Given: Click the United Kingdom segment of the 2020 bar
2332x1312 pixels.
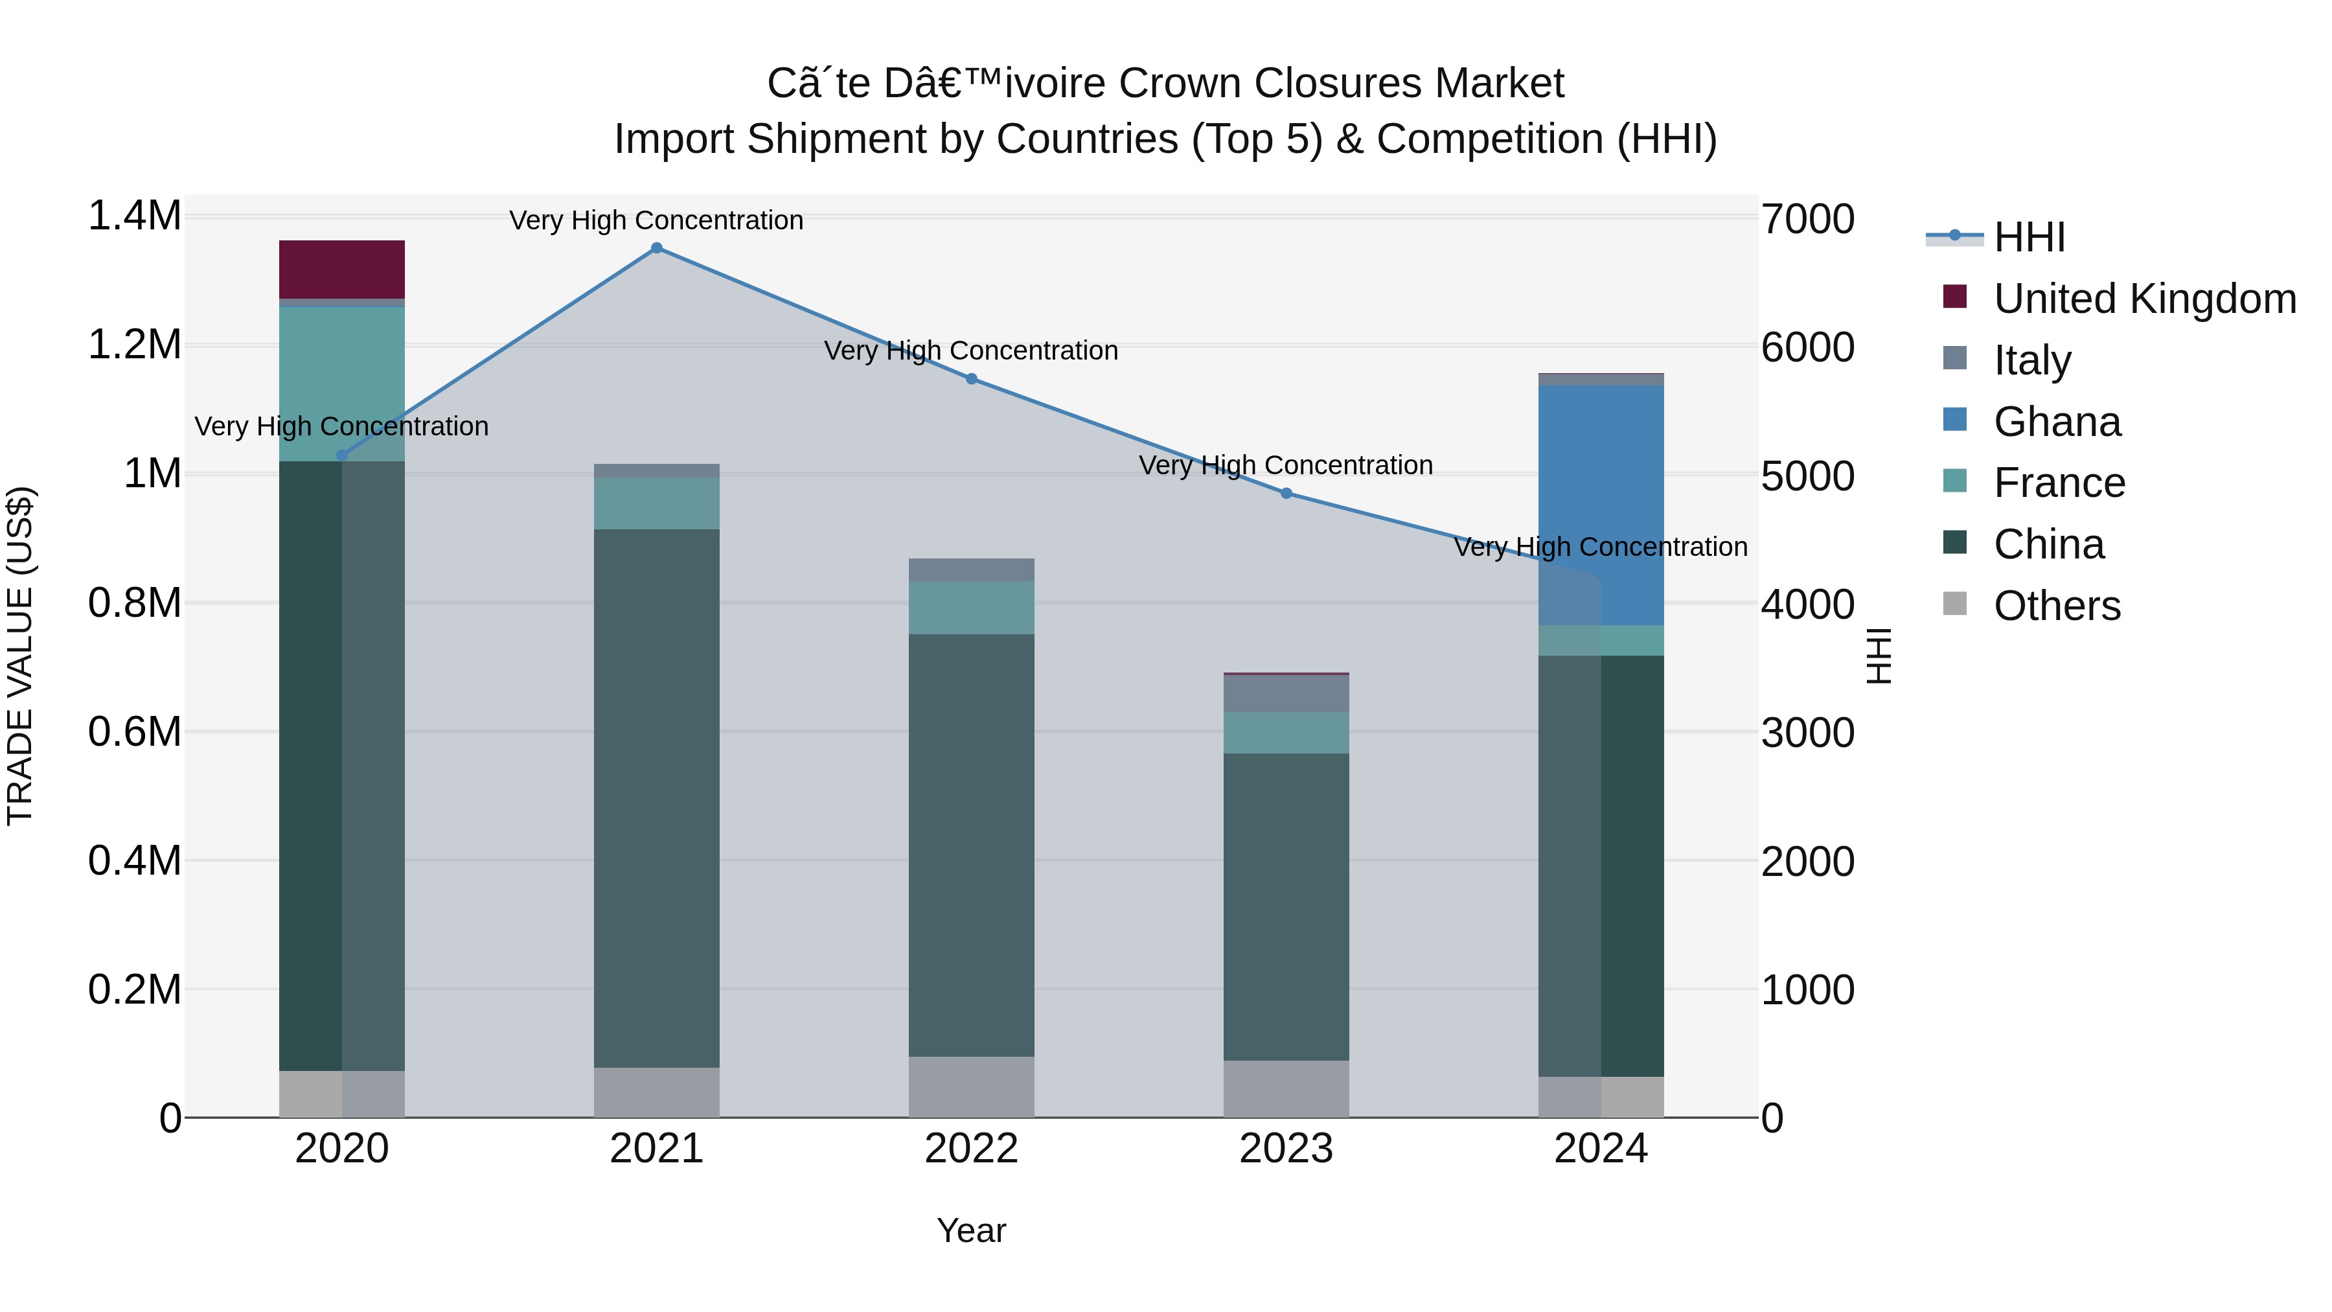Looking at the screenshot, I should (x=341, y=269).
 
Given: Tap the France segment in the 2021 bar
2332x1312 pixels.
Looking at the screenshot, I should (x=656, y=503).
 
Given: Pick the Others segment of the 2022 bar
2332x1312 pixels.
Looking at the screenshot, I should (x=972, y=1087).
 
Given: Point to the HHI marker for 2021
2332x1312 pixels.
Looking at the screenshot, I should (x=656, y=248).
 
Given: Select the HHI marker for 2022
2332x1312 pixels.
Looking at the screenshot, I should (x=972, y=378).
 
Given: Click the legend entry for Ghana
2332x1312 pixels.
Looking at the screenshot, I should (x=2057, y=422).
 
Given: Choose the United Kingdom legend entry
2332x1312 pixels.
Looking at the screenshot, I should (x=2143, y=299).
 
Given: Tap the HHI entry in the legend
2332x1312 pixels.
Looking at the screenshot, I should (x=2029, y=237).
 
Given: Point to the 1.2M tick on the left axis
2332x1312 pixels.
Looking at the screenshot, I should (x=134, y=345).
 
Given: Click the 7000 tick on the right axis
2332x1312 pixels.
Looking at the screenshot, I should (x=1807, y=219).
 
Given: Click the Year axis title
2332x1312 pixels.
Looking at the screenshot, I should (x=972, y=1230).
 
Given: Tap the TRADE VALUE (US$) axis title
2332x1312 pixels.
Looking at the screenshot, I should (x=20, y=656).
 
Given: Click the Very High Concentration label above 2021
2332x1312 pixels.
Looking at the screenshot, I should (x=656, y=220).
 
